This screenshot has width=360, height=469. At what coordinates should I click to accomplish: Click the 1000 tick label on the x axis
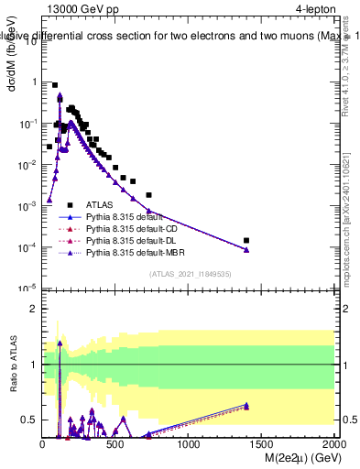189,445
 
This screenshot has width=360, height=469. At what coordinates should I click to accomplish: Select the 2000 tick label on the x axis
334,445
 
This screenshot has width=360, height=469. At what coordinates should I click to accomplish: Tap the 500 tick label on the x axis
115,445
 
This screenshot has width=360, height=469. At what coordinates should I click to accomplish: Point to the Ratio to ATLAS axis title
14,364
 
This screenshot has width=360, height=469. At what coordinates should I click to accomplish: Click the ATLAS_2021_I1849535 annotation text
188,273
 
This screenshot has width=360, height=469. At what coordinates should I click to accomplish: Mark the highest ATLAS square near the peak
55,85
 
